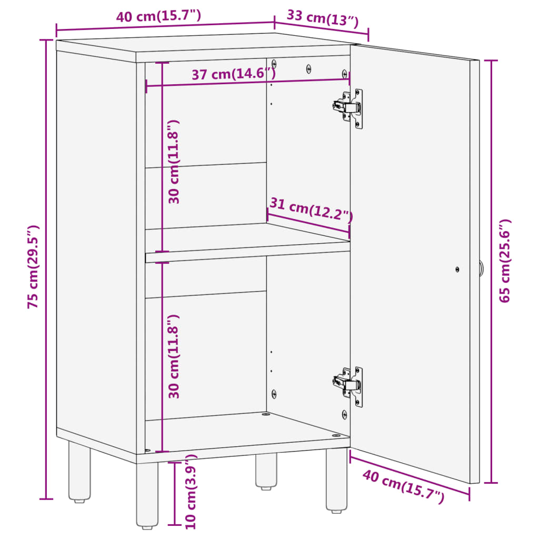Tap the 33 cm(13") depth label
[323, 19]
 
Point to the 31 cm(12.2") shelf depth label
[311, 209]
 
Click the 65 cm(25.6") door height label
[505, 261]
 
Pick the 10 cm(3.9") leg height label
[191, 491]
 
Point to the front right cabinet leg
[336, 480]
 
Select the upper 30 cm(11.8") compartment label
[174, 162]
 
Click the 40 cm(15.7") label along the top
[158, 16]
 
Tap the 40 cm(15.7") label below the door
[403, 485]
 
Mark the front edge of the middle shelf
[247, 256]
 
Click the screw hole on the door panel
[457, 269]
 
